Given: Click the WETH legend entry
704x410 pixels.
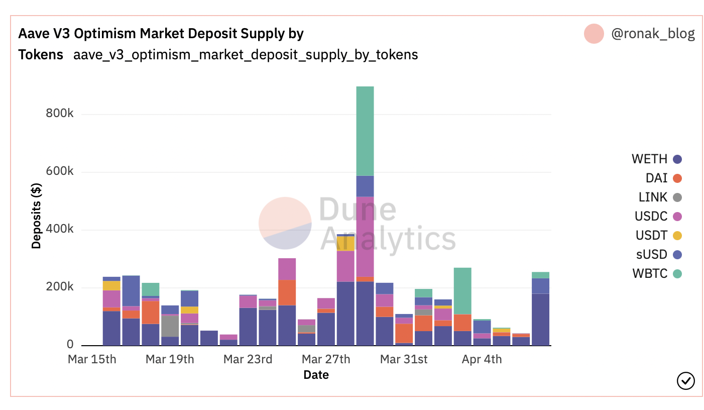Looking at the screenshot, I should click(656, 159).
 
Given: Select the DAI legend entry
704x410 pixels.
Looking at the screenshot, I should click(663, 178).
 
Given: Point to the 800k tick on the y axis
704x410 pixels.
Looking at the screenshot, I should click(60, 114).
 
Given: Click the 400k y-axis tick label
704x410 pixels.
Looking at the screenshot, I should click(60, 230).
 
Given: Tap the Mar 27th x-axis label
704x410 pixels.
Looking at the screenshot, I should click(326, 360).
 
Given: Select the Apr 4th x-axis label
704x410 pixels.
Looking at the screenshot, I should click(482, 360).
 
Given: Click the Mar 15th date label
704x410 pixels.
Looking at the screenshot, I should click(92, 360).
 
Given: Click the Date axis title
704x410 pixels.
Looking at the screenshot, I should click(316, 375).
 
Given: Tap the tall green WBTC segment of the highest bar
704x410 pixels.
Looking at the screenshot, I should click(365, 131).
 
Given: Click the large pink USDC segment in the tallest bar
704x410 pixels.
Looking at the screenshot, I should click(365, 236).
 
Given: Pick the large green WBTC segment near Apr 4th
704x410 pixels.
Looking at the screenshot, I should click(462, 290).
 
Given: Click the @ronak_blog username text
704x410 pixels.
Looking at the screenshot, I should click(653, 34).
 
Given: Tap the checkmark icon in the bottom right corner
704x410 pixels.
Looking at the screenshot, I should click(686, 381).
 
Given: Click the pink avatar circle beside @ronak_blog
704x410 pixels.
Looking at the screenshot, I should click(594, 34).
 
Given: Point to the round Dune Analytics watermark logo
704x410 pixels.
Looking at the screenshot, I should click(285, 223).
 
